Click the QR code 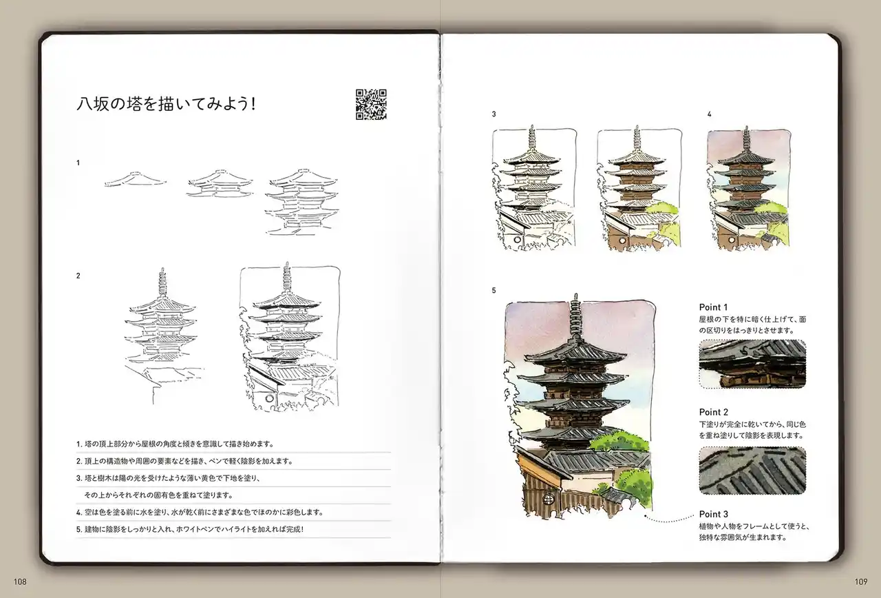tap(371, 104)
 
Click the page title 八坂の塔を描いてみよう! tap(166, 104)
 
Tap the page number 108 tap(20, 581)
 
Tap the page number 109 tap(861, 581)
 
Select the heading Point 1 tap(713, 307)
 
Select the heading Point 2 tap(714, 412)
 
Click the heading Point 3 tap(714, 514)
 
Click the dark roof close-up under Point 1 tap(752, 364)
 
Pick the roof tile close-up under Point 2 tap(752, 471)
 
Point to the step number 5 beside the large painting tap(493, 291)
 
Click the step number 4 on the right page tap(709, 114)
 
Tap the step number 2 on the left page tap(78, 276)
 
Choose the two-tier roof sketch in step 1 tap(220, 183)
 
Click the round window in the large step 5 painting tap(548, 499)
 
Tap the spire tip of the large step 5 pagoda tap(576, 294)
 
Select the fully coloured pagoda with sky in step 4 tap(748, 189)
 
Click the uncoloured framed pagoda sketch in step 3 tap(534, 188)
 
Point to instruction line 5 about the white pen tap(190, 529)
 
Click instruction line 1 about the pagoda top tap(175, 444)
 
